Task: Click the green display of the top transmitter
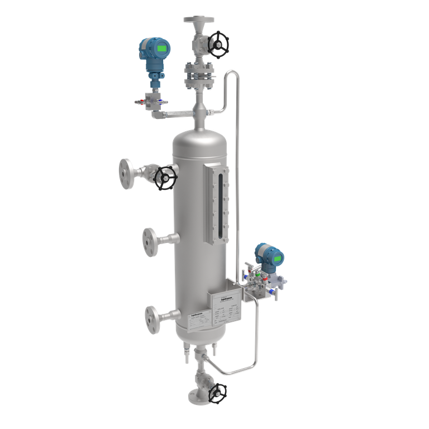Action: (x=162, y=49)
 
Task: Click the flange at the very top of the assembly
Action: (x=199, y=20)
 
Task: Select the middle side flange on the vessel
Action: (x=150, y=240)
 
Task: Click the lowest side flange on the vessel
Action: (x=151, y=318)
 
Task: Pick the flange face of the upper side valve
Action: (x=126, y=173)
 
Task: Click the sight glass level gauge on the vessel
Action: (x=216, y=204)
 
